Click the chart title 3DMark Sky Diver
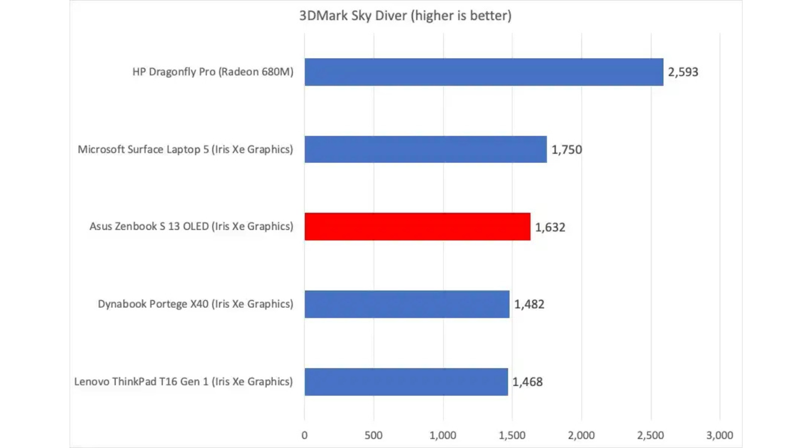point(405,16)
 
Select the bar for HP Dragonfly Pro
point(484,72)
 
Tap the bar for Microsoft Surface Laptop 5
point(425,149)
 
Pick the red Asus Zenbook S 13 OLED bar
point(417,226)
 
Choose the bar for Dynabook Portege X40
point(407,304)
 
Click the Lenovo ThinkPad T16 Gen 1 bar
point(406,382)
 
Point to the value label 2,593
point(683,72)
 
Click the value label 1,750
point(567,150)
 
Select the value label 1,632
point(550,227)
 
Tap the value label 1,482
point(529,304)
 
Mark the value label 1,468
point(527,382)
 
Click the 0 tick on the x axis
point(304,435)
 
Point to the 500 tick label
point(374,435)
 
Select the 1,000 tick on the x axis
point(443,435)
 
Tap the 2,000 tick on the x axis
point(581,435)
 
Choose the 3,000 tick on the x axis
point(719,435)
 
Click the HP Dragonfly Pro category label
point(213,72)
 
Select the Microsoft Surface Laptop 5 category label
point(185,149)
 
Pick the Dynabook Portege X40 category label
point(196,304)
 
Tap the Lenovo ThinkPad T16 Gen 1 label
point(183,382)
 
